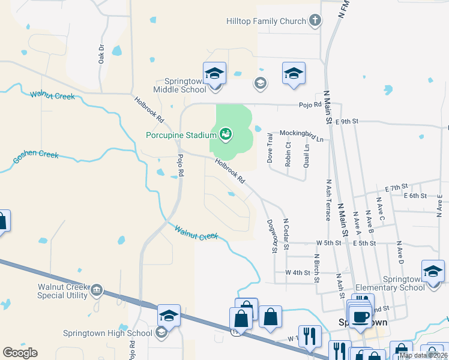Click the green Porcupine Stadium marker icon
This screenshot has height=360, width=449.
[x=226, y=134]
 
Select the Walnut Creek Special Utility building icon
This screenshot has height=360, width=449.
[x=97, y=292]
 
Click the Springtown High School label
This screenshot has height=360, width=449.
[x=107, y=333]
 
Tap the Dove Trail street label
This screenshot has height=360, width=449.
[x=270, y=149]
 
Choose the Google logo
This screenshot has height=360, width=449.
[x=20, y=352]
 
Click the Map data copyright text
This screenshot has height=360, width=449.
[x=423, y=355]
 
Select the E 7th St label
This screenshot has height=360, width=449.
[x=396, y=187]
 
